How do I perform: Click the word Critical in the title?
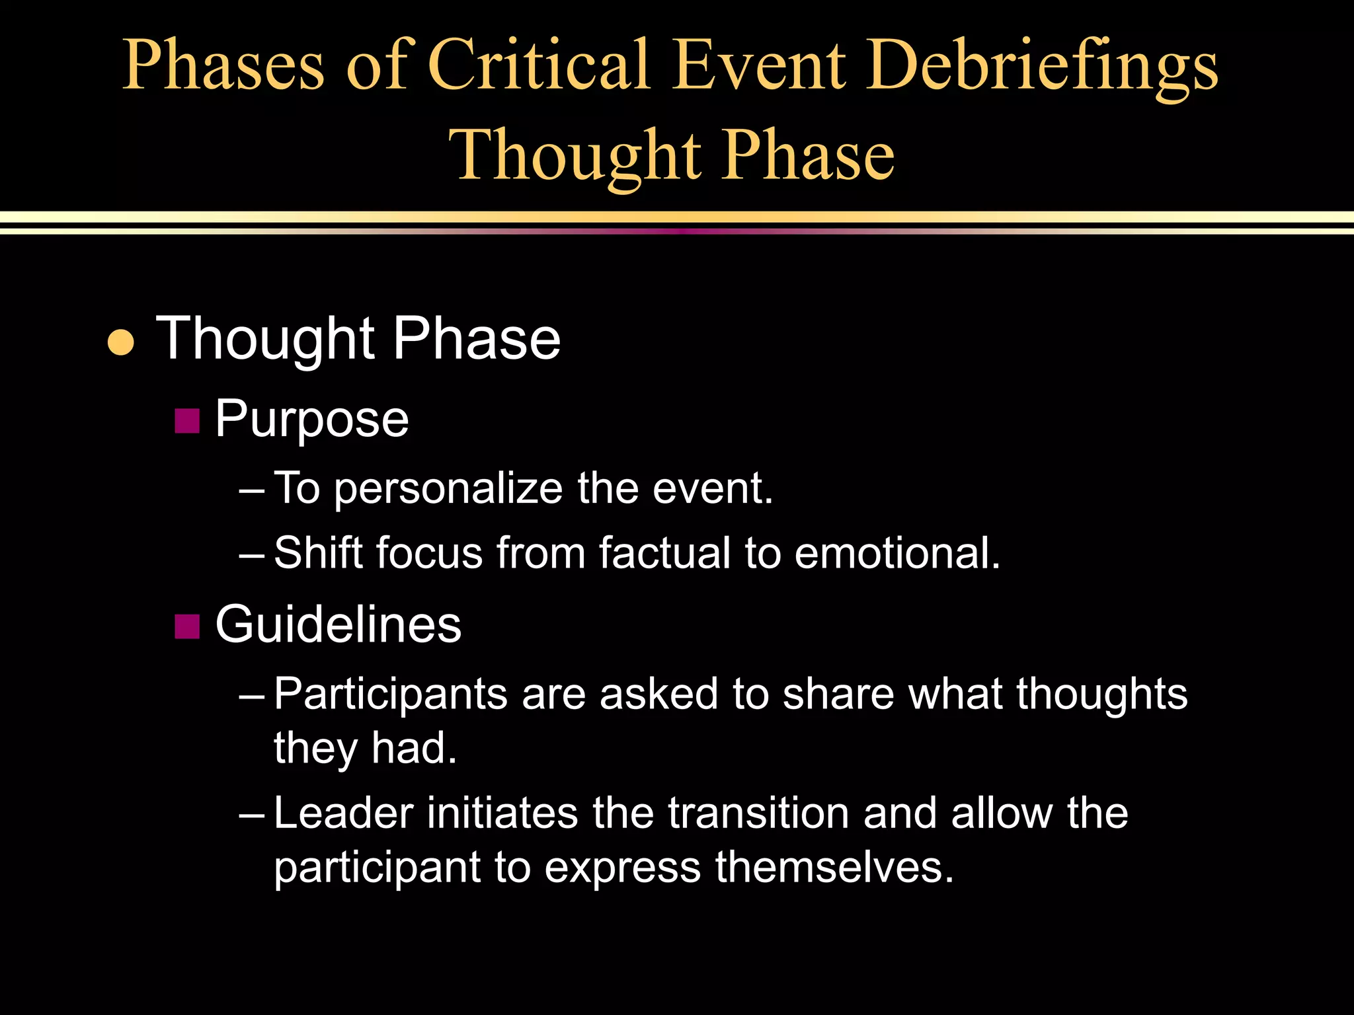pos(538,64)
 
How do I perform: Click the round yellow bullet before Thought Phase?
pos(120,342)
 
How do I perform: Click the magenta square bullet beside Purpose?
pos(187,421)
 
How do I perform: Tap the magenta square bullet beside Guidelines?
pos(187,626)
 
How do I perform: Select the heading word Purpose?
pos(311,420)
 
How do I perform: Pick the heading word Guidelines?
pos(338,624)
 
